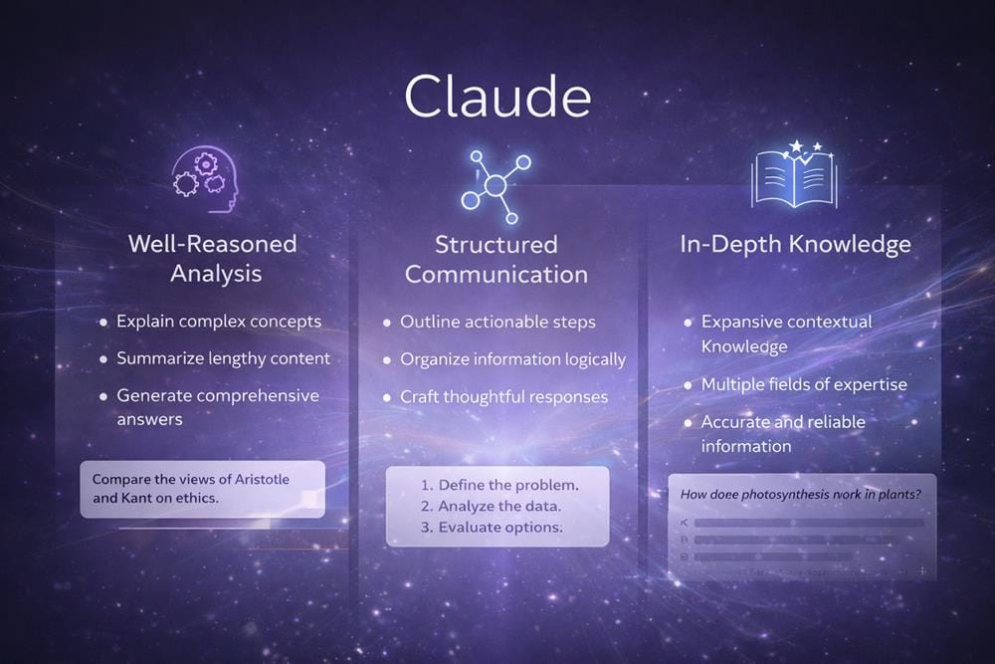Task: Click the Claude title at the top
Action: [497, 98]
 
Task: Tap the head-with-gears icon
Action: [205, 178]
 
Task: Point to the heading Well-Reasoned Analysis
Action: [212, 258]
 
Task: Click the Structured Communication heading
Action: [497, 259]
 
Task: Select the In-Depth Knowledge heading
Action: [795, 244]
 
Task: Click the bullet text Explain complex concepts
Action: [219, 322]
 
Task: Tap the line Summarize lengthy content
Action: [223, 358]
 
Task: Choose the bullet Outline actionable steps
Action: [497, 323]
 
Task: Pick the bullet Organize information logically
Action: [512, 359]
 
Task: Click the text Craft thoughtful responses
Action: [503, 397]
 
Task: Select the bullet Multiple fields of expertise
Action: [804, 384]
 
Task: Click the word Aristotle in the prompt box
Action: [263, 480]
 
